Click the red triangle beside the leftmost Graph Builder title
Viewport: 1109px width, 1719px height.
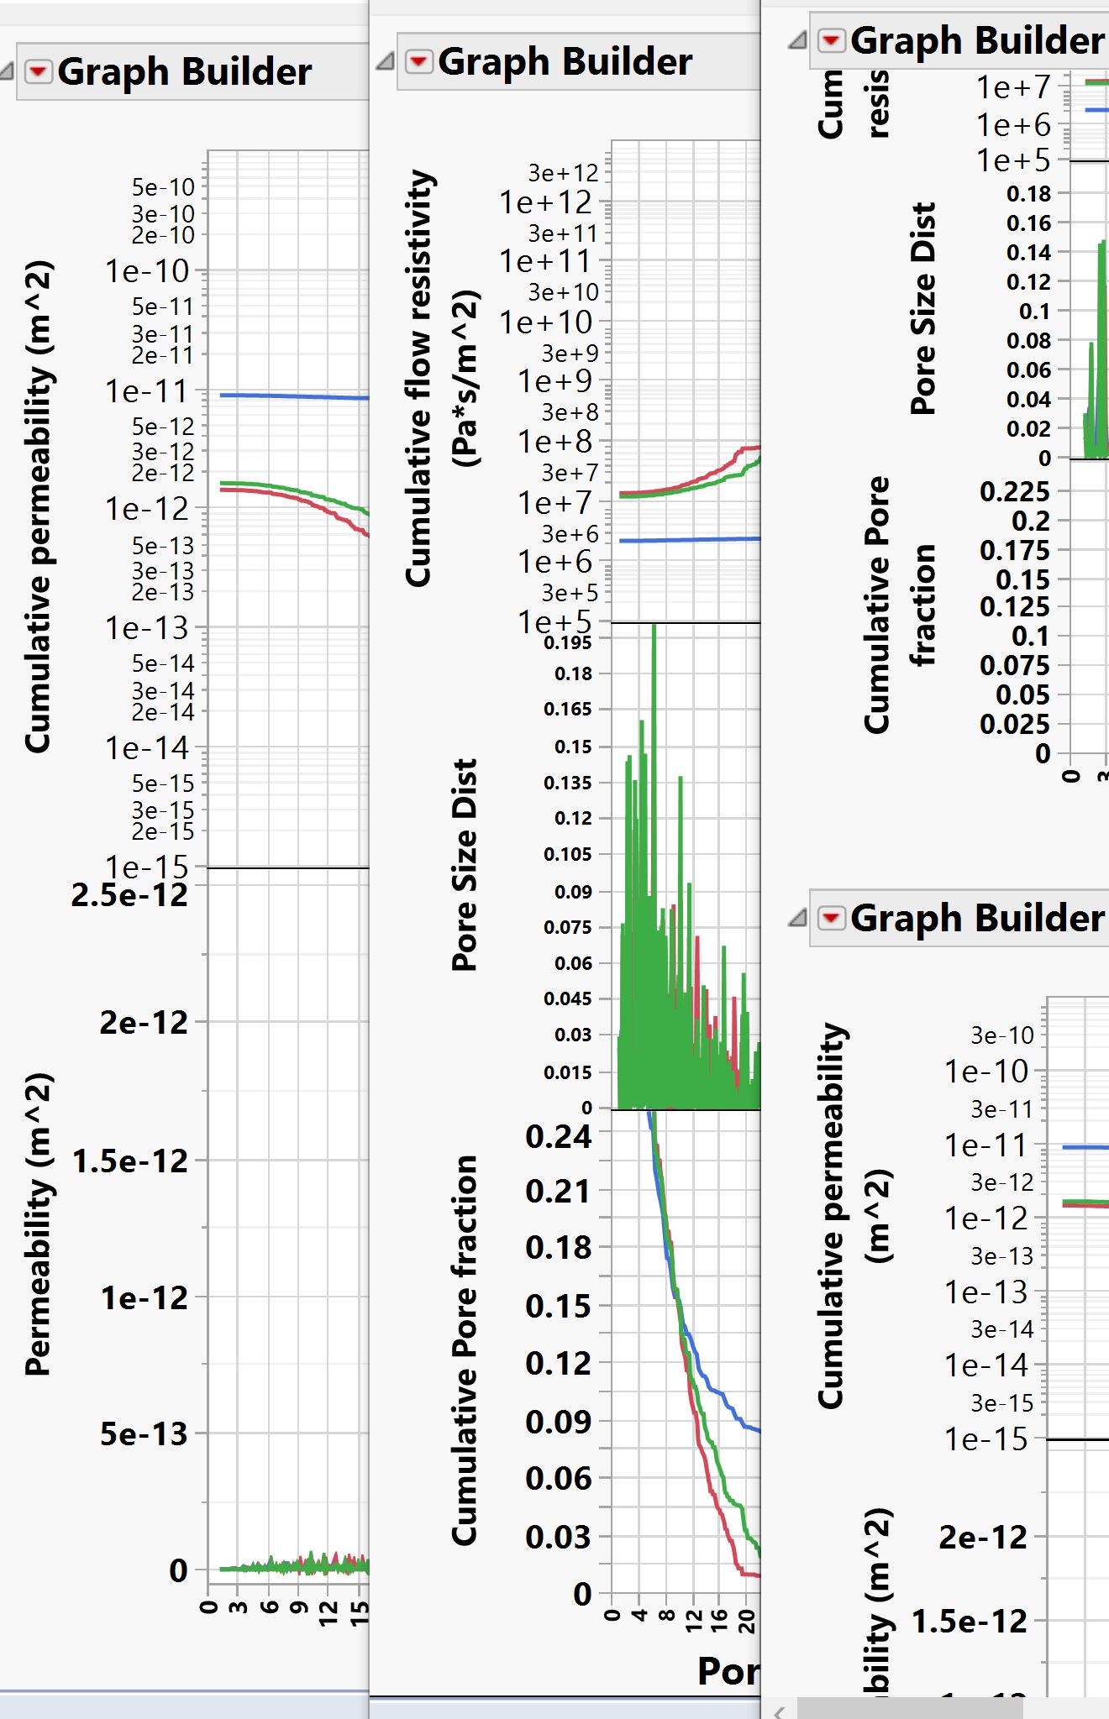39,72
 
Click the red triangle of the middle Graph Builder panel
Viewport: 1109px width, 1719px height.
418,61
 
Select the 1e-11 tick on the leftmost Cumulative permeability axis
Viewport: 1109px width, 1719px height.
146,391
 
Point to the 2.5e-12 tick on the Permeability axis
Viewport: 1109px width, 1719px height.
130,895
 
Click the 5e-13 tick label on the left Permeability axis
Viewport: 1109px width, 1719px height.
144,1433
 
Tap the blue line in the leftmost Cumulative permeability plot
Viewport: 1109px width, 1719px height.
294,396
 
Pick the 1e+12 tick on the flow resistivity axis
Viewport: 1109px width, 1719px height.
546,202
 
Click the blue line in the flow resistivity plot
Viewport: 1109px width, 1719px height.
689,540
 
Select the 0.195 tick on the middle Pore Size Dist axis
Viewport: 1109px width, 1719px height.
568,643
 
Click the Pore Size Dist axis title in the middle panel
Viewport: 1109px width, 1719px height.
465,865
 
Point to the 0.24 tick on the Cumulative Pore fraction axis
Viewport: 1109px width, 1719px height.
559,1137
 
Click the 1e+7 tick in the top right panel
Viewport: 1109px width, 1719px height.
1013,86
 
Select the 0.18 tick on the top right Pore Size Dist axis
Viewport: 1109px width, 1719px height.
1029,194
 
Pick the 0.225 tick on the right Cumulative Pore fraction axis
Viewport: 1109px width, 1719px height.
1015,491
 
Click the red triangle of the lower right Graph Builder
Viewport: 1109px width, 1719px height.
831,918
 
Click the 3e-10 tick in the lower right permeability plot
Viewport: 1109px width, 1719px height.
1002,1035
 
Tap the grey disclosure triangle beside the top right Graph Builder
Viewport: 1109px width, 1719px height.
797,40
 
